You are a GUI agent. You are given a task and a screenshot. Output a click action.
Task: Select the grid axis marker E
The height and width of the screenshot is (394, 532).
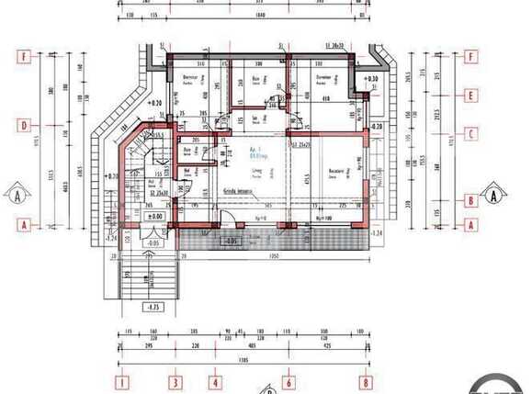click(x=471, y=95)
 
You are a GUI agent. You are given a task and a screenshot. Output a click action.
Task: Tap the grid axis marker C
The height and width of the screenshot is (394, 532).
click(x=471, y=132)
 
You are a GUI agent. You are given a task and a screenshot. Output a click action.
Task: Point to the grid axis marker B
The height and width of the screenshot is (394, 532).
click(x=471, y=199)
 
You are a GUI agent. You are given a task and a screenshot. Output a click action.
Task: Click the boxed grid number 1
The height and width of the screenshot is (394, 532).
click(x=120, y=381)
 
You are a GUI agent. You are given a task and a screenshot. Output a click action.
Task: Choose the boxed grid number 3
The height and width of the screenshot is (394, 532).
click(x=175, y=381)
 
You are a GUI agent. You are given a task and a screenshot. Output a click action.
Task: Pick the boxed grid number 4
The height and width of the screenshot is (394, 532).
click(x=215, y=381)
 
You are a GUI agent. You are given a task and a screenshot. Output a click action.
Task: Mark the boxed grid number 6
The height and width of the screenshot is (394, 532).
click(x=289, y=381)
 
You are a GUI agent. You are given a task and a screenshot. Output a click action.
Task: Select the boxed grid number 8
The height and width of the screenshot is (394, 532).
click(x=366, y=381)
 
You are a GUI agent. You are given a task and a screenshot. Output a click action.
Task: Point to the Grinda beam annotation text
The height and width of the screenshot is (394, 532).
click(x=236, y=191)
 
